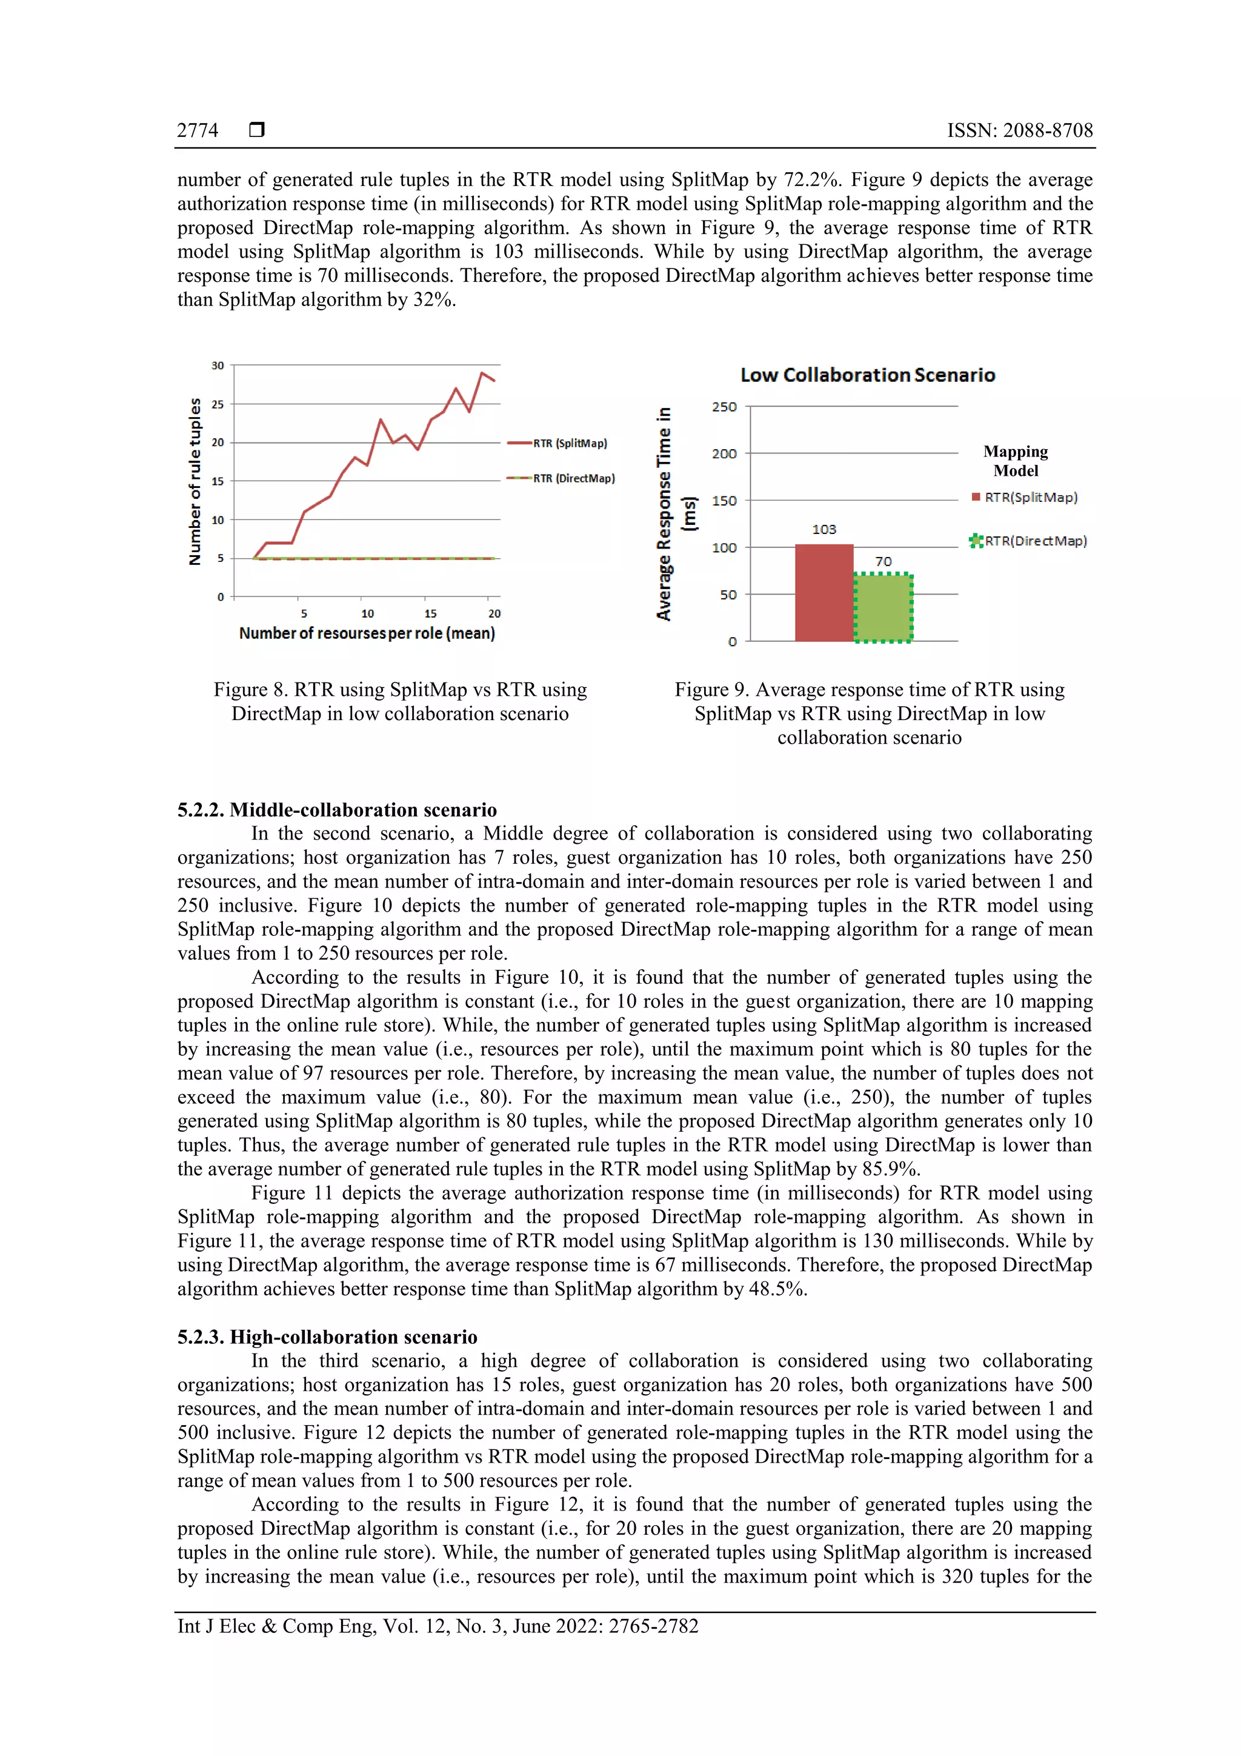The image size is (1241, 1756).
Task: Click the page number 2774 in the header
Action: [198, 131]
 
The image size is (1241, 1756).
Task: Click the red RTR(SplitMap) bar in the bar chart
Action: [823, 593]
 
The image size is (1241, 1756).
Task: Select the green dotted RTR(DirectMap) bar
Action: [882, 608]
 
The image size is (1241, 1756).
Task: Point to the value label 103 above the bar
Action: [823, 529]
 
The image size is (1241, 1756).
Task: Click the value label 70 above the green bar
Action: [883, 561]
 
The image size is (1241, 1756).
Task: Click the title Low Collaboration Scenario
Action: [868, 375]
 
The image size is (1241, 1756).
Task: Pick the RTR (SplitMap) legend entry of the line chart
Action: [570, 443]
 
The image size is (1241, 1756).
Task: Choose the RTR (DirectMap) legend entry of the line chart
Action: [573, 478]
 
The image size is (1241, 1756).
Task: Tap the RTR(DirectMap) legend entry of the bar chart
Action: [1036, 541]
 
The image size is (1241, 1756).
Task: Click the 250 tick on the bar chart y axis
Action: [724, 407]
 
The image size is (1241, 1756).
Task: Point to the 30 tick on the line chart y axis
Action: [218, 366]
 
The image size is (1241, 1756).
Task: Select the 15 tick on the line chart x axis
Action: [430, 613]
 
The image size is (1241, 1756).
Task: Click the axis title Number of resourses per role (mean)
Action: [367, 633]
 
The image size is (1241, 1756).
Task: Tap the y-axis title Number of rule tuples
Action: [195, 482]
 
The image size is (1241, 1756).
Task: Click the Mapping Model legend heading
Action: [1016, 461]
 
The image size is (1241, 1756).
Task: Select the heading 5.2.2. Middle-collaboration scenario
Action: [337, 810]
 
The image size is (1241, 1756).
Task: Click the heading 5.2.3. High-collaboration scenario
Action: [327, 1337]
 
